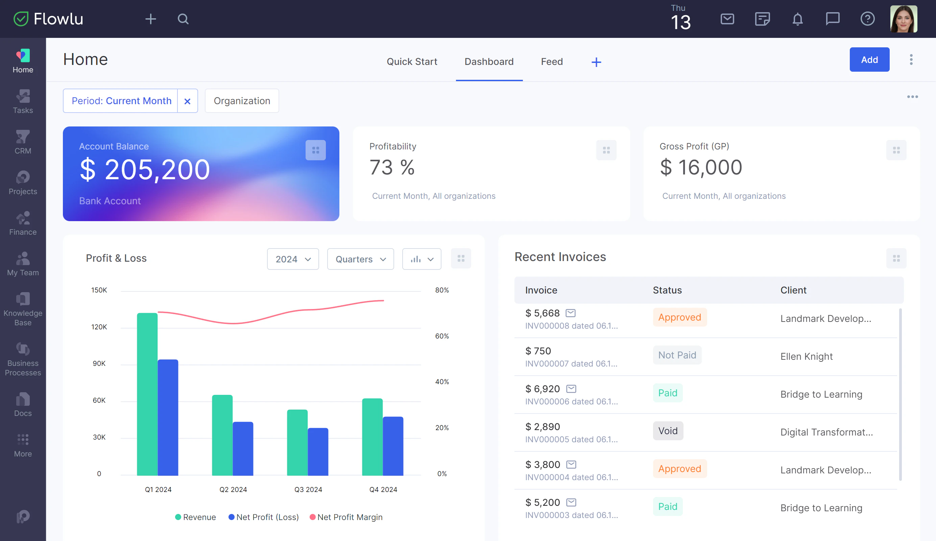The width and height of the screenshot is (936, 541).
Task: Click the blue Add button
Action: click(869, 60)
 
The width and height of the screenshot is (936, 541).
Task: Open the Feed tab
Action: click(552, 62)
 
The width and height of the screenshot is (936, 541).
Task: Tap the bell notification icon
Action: click(797, 19)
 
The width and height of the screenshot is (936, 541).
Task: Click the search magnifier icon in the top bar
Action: click(183, 19)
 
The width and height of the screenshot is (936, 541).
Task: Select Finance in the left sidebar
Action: click(23, 224)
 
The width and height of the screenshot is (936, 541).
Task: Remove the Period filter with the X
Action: click(187, 101)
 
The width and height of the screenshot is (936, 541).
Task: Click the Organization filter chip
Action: click(242, 101)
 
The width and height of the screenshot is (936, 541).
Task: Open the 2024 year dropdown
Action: click(293, 259)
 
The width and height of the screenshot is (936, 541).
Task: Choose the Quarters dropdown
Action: click(360, 259)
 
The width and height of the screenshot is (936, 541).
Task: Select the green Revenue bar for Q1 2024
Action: click(147, 394)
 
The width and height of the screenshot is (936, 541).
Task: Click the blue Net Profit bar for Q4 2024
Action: click(393, 446)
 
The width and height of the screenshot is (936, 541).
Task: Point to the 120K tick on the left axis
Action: click(99, 327)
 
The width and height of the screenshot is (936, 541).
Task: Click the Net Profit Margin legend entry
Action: click(346, 517)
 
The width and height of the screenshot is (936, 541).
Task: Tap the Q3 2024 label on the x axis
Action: click(308, 489)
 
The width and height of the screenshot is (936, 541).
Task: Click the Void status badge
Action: click(668, 431)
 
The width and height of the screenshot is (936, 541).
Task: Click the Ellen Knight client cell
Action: click(807, 357)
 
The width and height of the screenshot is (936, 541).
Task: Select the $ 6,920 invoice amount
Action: click(542, 389)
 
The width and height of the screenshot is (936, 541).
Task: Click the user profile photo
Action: click(903, 19)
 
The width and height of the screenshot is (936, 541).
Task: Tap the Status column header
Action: click(667, 290)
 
